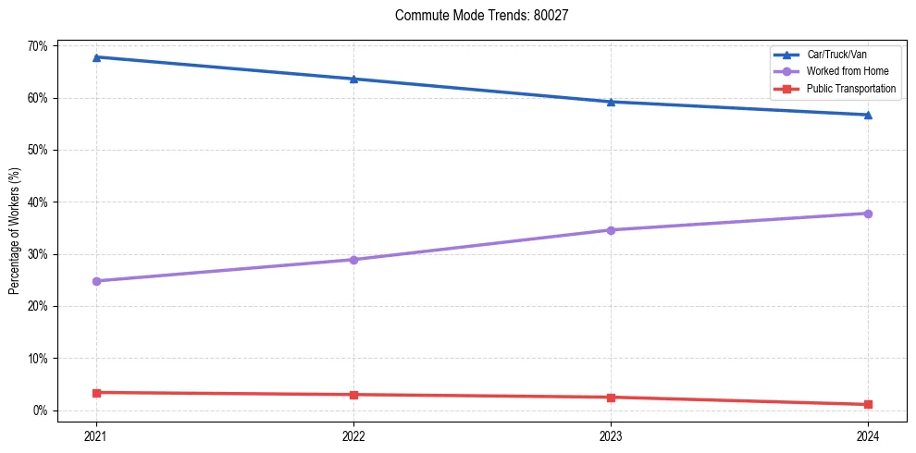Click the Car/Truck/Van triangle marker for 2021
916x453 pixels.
pos(96,57)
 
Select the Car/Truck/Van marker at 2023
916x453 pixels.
pos(611,102)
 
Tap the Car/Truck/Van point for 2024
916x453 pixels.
pos(868,115)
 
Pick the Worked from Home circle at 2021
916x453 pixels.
pos(96,281)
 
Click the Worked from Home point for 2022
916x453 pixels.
pos(353,260)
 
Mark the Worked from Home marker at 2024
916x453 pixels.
pos(868,214)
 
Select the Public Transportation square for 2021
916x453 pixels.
pos(96,393)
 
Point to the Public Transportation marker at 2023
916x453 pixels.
pos(611,398)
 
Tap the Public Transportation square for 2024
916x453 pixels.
pos(868,404)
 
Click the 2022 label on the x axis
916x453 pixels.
pos(353,435)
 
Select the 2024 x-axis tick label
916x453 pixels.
pos(868,435)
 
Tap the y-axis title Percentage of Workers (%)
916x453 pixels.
pos(15,231)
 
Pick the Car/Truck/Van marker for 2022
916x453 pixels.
pos(353,79)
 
